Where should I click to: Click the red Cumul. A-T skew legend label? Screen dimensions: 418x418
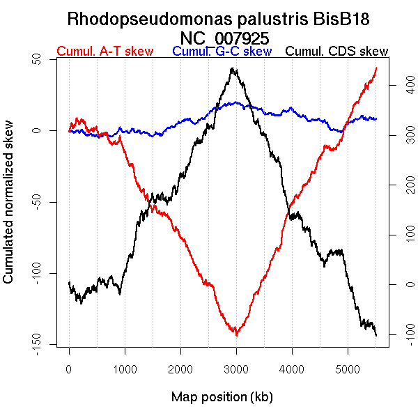pyautogui.click(x=104, y=52)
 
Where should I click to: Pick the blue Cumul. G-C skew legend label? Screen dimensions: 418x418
pyautogui.click(x=222, y=52)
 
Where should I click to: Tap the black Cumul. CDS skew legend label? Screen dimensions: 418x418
pyautogui.click(x=337, y=52)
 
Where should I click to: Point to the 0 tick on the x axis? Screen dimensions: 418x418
pyautogui.click(x=69, y=369)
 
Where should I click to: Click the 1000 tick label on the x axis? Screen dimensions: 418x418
pyautogui.click(x=125, y=369)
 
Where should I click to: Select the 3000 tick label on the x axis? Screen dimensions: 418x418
pyautogui.click(x=236, y=369)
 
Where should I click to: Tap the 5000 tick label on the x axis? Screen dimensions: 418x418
pyautogui.click(x=348, y=369)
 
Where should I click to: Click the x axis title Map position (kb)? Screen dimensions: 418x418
pyautogui.click(x=222, y=398)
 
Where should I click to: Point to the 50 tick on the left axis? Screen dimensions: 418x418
pyautogui.click(x=43, y=60)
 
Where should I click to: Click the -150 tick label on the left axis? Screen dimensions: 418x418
pyautogui.click(x=43, y=343)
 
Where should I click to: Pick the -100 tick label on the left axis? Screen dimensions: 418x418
pyautogui.click(x=43, y=272)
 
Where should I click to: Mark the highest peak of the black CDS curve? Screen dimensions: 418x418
pyautogui.click(x=233, y=68)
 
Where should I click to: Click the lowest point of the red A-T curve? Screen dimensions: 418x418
pyautogui.click(x=237, y=335)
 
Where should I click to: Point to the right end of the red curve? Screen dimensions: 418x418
pyautogui.click(x=376, y=67)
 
